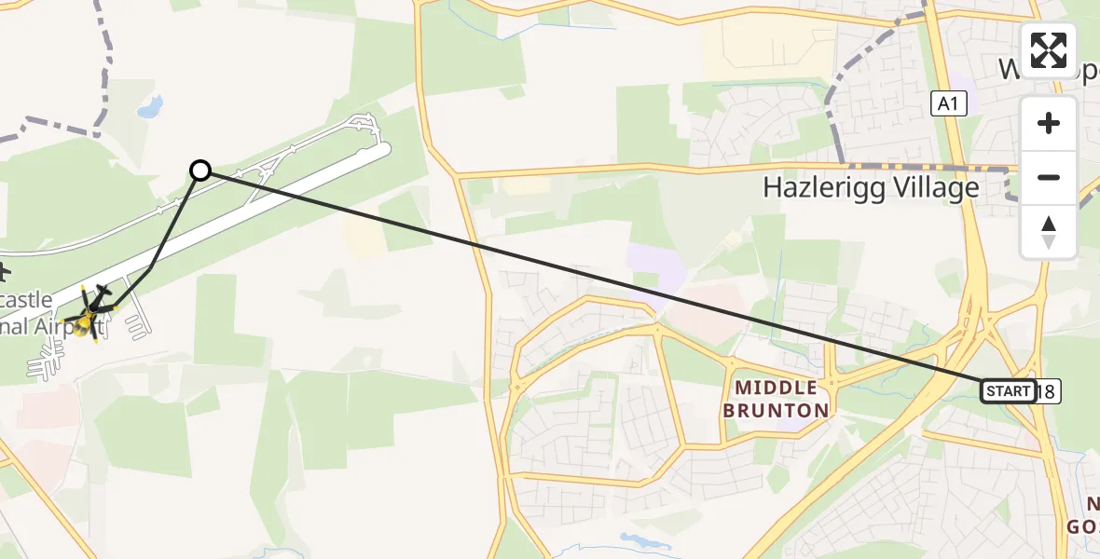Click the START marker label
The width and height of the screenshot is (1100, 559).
[x=1008, y=391]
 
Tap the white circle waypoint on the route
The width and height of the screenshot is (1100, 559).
[x=200, y=170]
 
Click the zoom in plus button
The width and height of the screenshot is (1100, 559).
[x=1049, y=123]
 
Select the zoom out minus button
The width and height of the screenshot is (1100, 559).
[x=1049, y=177]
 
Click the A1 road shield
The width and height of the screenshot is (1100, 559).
[x=948, y=104]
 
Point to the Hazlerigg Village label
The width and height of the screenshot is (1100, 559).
[x=871, y=188]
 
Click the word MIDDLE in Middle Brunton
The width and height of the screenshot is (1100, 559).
[x=776, y=387]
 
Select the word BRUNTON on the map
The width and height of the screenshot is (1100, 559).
[x=781, y=410]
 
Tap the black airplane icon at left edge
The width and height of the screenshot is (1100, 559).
[x=4, y=273]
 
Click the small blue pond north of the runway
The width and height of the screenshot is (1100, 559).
[x=150, y=108]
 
